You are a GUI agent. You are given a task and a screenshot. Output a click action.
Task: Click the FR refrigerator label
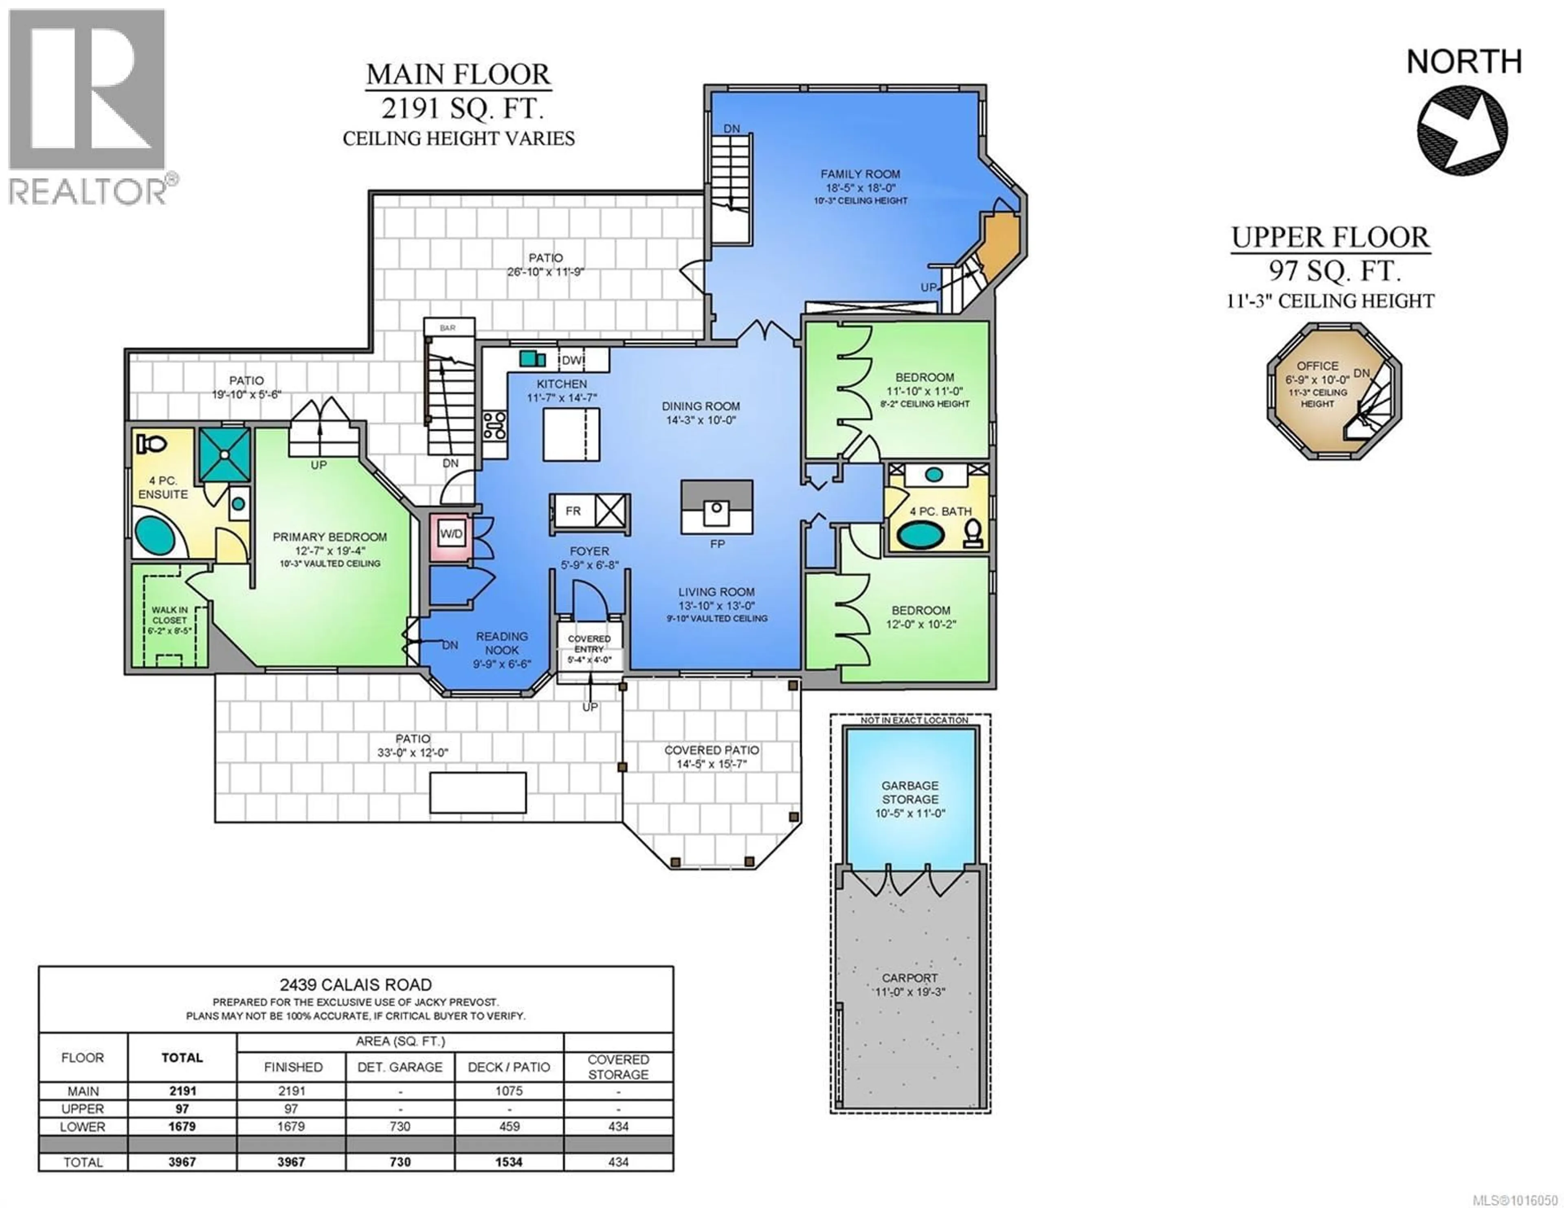tap(573, 511)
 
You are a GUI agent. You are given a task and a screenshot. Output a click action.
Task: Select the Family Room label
tap(860, 174)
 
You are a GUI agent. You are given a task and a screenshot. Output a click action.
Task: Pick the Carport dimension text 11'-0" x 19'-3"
tap(909, 992)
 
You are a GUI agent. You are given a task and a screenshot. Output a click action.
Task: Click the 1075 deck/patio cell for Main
tap(508, 1091)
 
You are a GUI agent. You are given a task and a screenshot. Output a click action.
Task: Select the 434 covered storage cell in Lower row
tap(618, 1127)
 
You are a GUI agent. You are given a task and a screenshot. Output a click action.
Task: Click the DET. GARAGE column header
tap(400, 1067)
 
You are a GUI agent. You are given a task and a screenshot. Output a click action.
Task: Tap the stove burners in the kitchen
tap(494, 425)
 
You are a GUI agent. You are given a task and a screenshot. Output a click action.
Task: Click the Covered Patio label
tap(711, 750)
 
